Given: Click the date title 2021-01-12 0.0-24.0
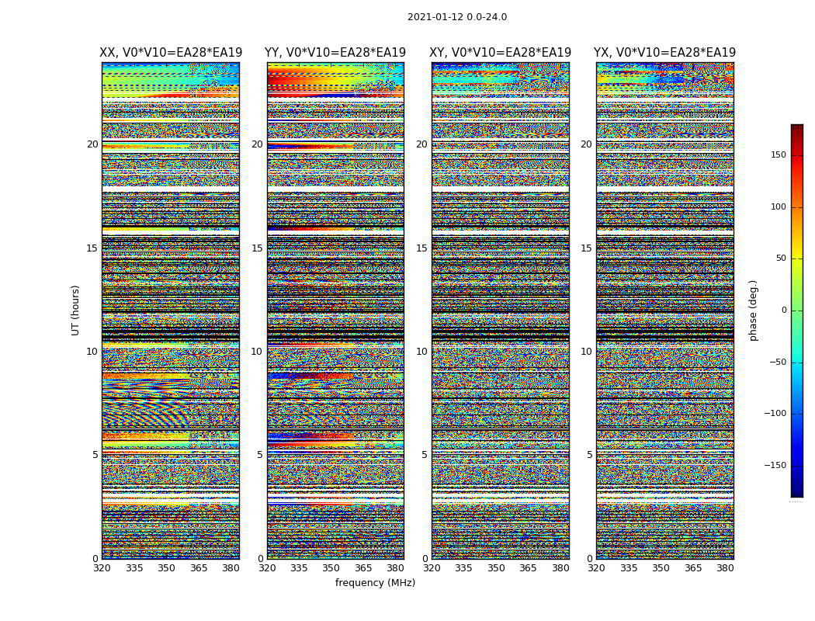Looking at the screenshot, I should [456, 17].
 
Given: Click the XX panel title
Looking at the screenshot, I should [171, 53].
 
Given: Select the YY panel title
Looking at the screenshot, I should [335, 53].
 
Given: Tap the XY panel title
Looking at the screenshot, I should [501, 53].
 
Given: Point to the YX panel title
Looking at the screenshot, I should [664, 53].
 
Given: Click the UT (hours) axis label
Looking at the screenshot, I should [75, 310].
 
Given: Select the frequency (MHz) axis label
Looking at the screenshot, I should [375, 583].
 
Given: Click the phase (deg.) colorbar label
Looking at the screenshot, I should [753, 310].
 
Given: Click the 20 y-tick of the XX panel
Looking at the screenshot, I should [92, 144].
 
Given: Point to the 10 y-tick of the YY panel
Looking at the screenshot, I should [257, 352].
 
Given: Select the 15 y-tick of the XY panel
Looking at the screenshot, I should [421, 248].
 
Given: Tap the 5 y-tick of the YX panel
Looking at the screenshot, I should [589, 455].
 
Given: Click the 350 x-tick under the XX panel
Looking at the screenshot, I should [166, 568].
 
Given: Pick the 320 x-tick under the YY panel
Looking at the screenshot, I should [267, 568].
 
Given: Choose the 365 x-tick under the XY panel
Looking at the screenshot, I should [528, 568].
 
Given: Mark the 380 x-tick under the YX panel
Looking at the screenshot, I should [725, 568].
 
